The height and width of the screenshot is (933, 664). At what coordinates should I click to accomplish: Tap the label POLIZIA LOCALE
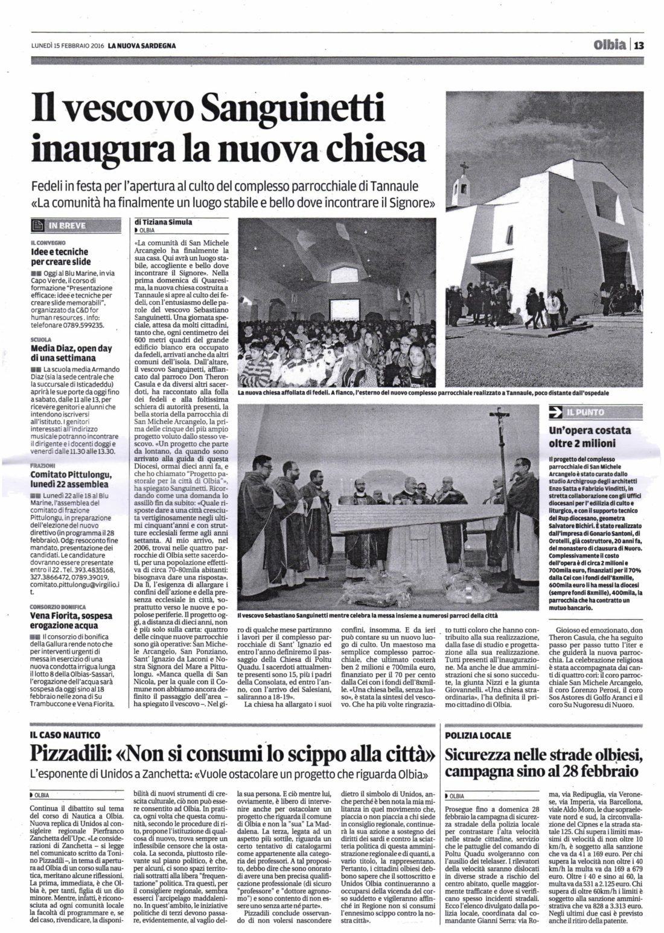click(x=478, y=735)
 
